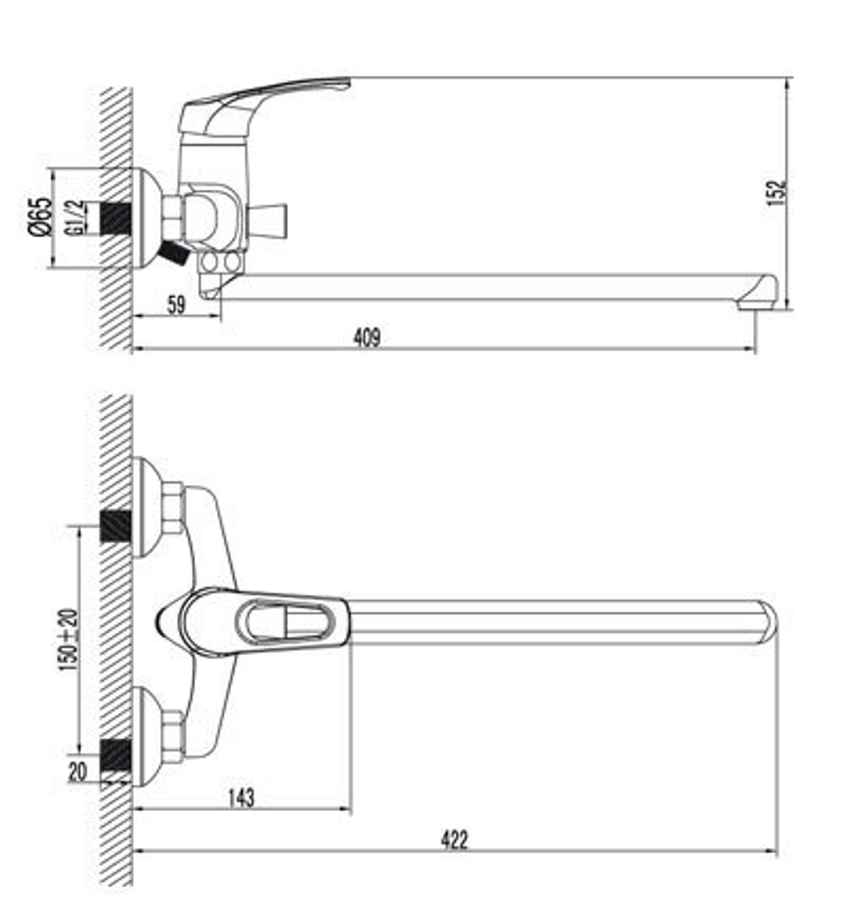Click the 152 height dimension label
(776, 193)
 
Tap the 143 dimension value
(241, 797)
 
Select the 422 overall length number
(453, 840)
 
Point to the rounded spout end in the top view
(764, 622)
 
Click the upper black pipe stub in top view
(116, 526)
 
